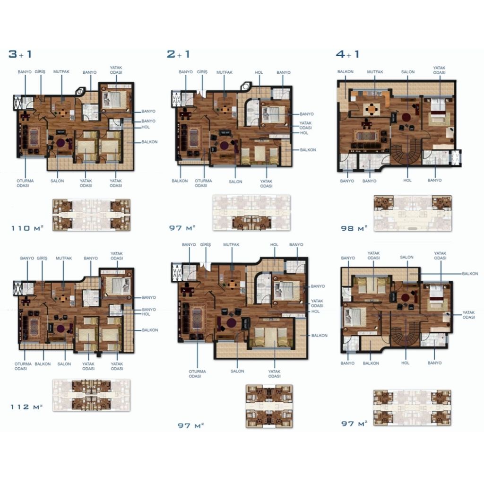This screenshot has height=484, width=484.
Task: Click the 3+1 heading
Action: (20, 54)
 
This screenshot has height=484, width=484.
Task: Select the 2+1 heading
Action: (178, 54)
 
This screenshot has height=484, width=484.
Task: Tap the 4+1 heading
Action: (347, 54)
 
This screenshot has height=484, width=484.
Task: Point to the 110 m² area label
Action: (27, 228)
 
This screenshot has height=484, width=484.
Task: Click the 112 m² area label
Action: (26, 407)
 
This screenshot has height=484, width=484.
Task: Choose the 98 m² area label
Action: (354, 228)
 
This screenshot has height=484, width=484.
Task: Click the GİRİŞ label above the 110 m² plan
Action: (40, 72)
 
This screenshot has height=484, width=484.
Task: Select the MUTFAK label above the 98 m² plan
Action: (375, 72)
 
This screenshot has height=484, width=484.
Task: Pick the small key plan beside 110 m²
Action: (91, 215)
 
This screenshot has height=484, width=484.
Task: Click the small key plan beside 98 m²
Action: (413, 213)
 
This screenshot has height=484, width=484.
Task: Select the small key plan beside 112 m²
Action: (91, 395)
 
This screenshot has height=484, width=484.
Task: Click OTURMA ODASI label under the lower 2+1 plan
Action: (197, 374)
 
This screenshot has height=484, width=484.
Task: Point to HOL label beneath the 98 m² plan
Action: (407, 180)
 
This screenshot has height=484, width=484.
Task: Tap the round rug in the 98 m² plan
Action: (406, 118)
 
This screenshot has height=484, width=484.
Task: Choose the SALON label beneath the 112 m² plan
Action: (64, 364)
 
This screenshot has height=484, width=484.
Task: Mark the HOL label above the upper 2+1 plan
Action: (259, 72)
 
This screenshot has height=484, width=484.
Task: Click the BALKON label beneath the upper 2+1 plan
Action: (180, 181)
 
